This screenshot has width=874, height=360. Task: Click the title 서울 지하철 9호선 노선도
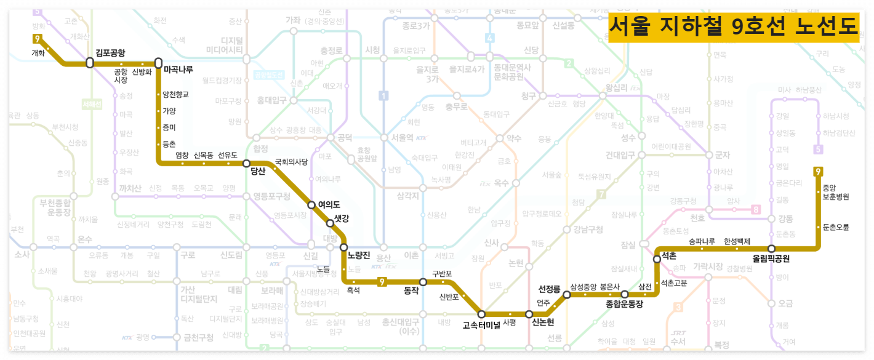click(733, 26)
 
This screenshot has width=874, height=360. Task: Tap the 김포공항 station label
click(110, 52)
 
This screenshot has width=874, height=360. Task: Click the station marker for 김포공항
click(90, 63)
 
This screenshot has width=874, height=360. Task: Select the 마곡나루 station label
click(178, 70)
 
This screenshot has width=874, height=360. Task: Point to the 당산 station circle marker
click(246, 164)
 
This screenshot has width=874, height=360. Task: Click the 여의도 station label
click(329, 204)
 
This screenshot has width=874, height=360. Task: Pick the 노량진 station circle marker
click(344, 247)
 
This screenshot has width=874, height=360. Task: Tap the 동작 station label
click(412, 290)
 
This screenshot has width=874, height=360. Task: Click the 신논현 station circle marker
click(529, 314)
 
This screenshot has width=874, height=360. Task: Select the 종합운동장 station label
click(624, 304)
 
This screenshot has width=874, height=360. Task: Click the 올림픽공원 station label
click(771, 258)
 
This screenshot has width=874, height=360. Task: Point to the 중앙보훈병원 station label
click(835, 193)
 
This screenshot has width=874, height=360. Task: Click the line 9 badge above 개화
click(38, 39)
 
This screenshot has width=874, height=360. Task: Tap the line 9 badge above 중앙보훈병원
click(818, 172)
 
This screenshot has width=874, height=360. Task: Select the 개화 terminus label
click(38, 53)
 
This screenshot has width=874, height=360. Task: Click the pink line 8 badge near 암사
click(756, 210)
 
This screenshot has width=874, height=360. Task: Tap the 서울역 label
click(398, 137)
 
